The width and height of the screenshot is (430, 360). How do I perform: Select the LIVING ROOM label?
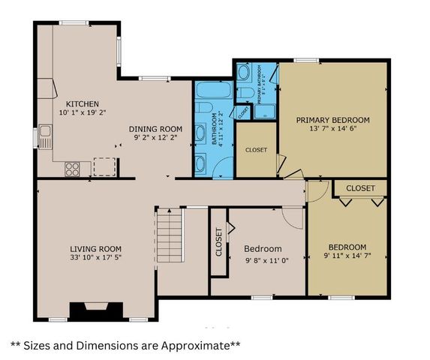click(x=96, y=249)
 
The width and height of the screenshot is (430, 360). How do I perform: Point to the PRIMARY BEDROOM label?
click(x=332, y=120)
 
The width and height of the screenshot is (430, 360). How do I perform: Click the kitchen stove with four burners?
click(x=73, y=169)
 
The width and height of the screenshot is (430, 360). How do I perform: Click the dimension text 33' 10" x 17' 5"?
click(x=96, y=259)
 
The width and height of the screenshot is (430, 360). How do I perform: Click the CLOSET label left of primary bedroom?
click(x=256, y=150)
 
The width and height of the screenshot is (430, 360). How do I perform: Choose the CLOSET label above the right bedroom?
click(x=360, y=187)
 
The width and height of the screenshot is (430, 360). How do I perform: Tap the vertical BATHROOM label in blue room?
click(x=213, y=130)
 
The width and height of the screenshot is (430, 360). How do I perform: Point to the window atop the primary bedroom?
click(x=306, y=60)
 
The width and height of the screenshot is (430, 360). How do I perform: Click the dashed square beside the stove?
click(x=104, y=166)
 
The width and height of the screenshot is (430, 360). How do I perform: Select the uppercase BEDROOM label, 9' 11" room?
click(x=347, y=247)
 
